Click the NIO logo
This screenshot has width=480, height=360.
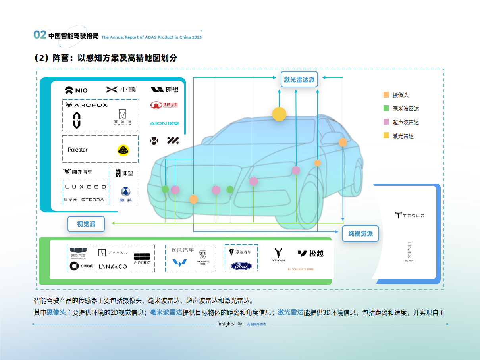tap(76, 90)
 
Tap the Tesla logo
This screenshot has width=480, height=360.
tap(409, 215)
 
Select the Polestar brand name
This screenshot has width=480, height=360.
tap(77, 150)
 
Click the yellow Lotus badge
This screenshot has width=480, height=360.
tap(123, 150)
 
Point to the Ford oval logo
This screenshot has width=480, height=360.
tap(241, 266)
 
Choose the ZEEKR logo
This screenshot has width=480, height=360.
tap(113, 252)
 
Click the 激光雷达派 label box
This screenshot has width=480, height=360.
tap(299, 79)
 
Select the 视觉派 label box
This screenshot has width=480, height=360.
tap(86, 224)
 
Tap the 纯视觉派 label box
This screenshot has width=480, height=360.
tap(360, 233)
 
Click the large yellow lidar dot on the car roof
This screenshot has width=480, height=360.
tap(279, 114)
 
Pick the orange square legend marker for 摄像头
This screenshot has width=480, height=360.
tap(386, 95)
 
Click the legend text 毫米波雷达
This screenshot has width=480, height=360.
tap(406, 108)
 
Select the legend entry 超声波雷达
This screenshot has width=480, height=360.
tap(401, 122)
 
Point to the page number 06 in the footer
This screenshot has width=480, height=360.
tap(240, 324)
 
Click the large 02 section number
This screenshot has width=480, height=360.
tap(40, 35)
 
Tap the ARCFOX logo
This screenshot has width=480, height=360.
tap(86, 105)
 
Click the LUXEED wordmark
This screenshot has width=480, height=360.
tap(85, 187)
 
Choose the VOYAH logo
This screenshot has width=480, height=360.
tap(278, 254)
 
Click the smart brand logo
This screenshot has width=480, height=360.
tap(81, 266)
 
